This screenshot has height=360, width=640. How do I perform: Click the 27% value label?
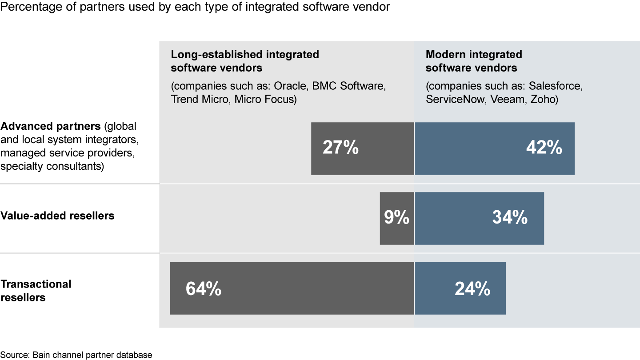pyautogui.click(x=340, y=148)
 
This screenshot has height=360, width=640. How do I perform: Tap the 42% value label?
pyautogui.click(x=544, y=148)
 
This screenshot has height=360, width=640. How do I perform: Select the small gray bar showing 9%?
pyautogui.click(x=396, y=218)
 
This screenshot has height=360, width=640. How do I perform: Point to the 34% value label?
pyautogui.click(x=510, y=218)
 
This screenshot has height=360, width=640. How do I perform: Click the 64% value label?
pyautogui.click(x=204, y=289)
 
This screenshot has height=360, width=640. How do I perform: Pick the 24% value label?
pyautogui.click(x=472, y=289)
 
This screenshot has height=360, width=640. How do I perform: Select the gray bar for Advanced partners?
pyautogui.click(x=363, y=164)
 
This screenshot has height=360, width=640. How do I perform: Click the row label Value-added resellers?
pyautogui.click(x=58, y=216)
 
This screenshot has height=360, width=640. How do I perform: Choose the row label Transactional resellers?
pyautogui.click(x=36, y=291)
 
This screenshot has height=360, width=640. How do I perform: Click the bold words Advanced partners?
pyautogui.click(x=50, y=127)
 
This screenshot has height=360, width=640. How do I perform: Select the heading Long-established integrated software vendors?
pyautogui.click(x=245, y=61)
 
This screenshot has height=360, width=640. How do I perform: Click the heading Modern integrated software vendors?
pyautogui.click(x=473, y=61)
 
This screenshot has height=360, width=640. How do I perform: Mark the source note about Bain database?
pyautogui.click(x=76, y=355)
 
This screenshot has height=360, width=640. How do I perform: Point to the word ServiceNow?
pyautogui.click(x=456, y=99)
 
